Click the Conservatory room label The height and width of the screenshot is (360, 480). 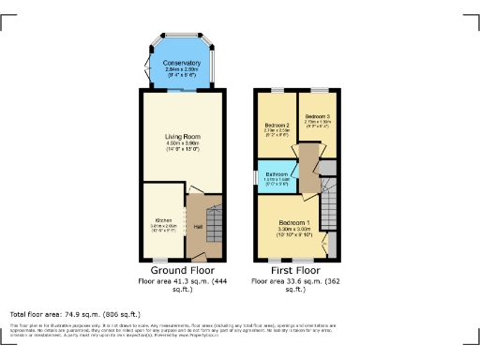click(183, 63)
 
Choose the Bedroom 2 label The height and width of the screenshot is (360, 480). click(276, 125)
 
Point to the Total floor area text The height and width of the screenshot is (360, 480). click(75, 313)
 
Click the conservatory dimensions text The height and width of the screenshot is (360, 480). click(183, 72)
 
